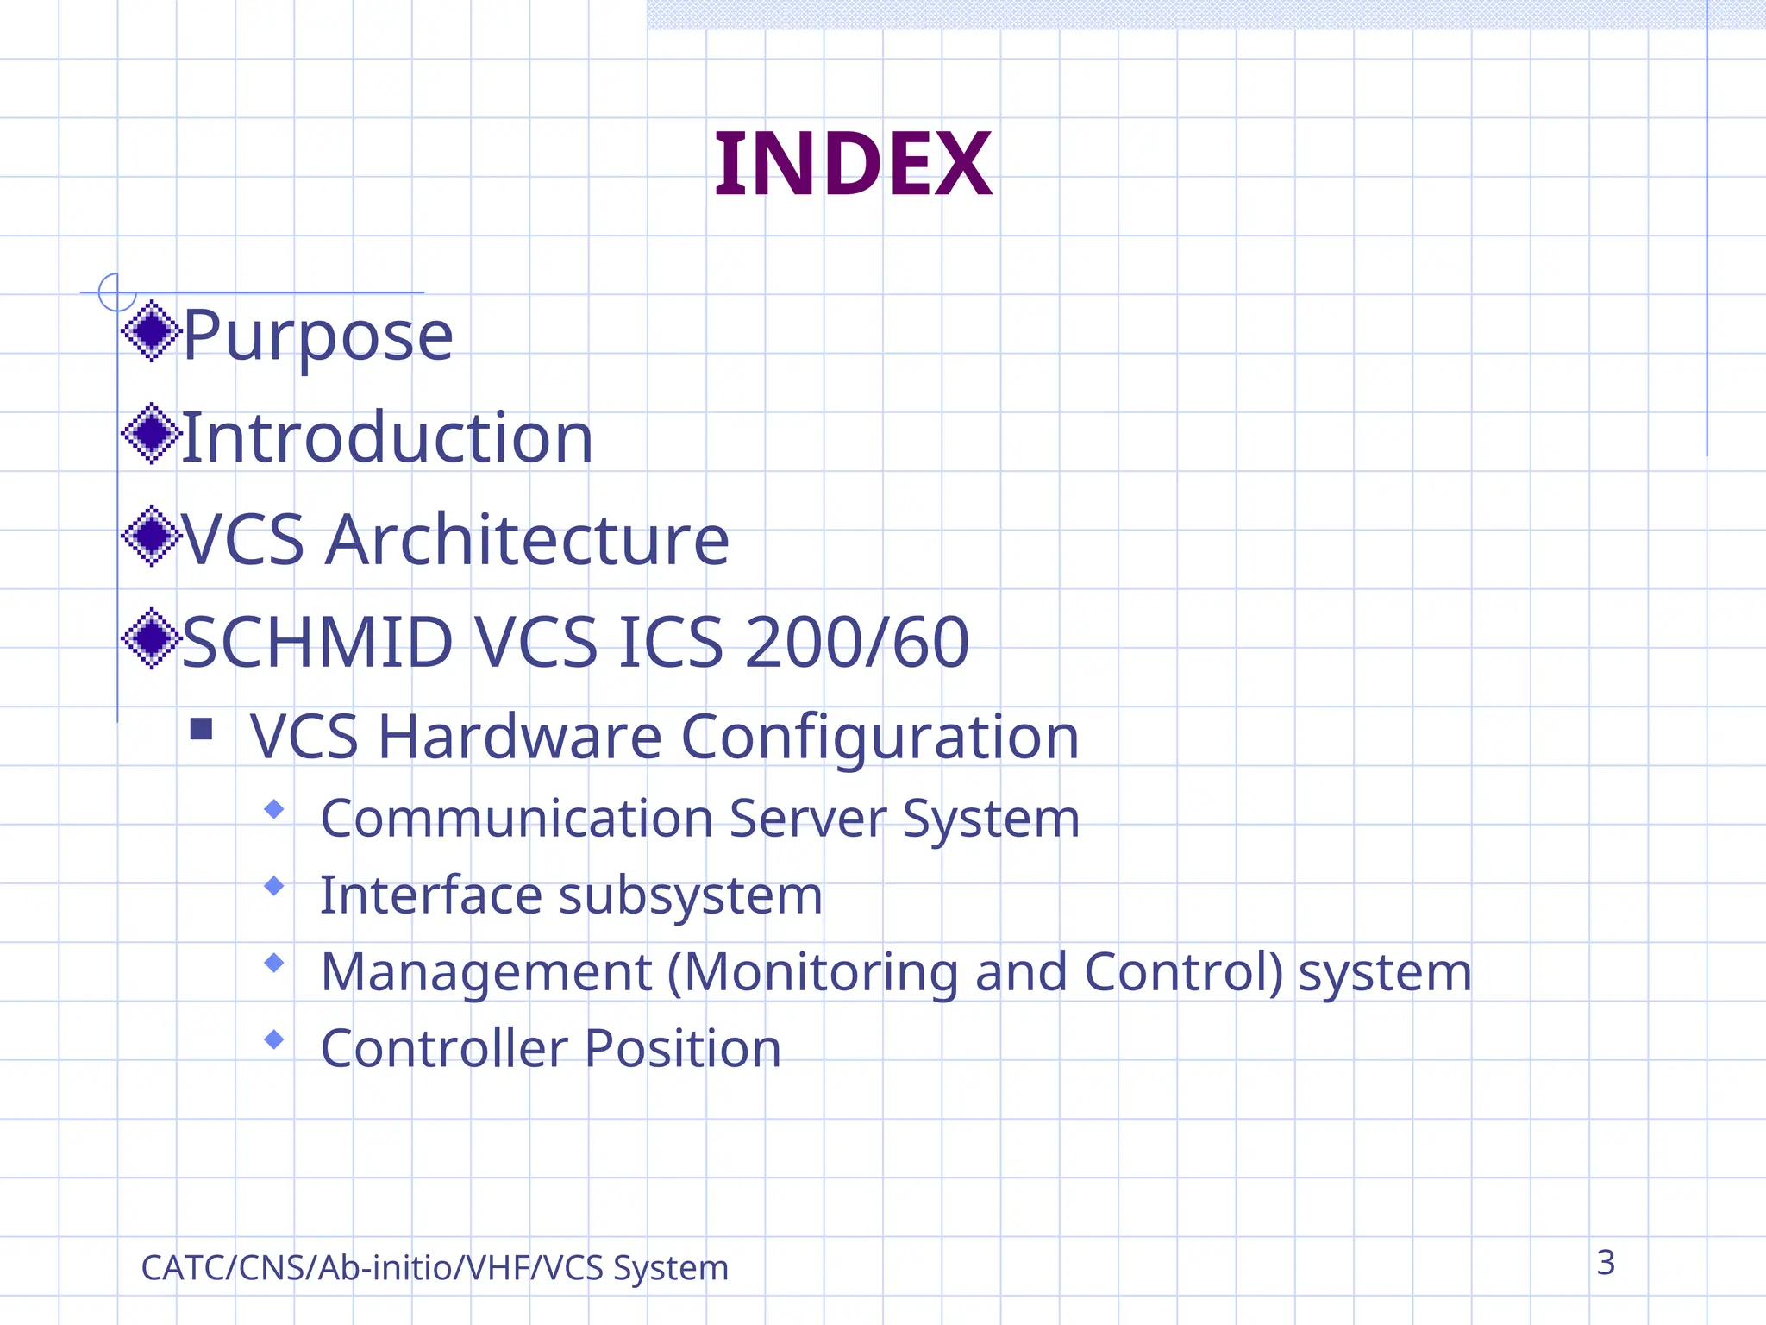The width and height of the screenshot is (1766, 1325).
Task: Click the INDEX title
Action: [x=853, y=164]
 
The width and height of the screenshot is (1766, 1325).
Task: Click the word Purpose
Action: [x=318, y=336]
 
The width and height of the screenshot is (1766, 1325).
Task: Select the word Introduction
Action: [x=387, y=438]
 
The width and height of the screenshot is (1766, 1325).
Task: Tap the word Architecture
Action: [x=528, y=540]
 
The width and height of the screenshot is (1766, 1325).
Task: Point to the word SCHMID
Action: [x=317, y=643]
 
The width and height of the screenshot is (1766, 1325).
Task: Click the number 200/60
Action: [x=857, y=643]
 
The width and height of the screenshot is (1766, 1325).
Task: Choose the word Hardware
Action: [x=520, y=738]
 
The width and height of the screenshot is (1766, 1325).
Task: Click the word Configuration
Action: [x=880, y=738]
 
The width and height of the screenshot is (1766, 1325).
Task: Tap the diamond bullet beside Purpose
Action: [x=152, y=331]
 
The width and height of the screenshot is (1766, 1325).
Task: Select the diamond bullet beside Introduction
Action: [x=152, y=433]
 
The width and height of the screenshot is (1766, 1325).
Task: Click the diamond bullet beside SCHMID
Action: [x=152, y=638]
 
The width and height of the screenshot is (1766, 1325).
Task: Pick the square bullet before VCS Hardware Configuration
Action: [x=201, y=730]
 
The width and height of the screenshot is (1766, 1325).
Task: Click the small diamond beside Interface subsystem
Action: [x=274, y=886]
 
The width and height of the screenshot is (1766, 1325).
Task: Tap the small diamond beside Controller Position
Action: [x=274, y=1039]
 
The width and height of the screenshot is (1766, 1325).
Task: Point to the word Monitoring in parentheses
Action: [x=819, y=972]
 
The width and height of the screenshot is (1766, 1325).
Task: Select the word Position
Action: [x=683, y=1049]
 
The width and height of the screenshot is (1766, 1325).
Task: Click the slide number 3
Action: [x=1605, y=1263]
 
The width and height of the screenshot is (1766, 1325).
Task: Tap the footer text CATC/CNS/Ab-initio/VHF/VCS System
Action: [x=435, y=1268]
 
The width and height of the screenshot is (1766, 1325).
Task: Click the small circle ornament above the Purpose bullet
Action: [x=116, y=292]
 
